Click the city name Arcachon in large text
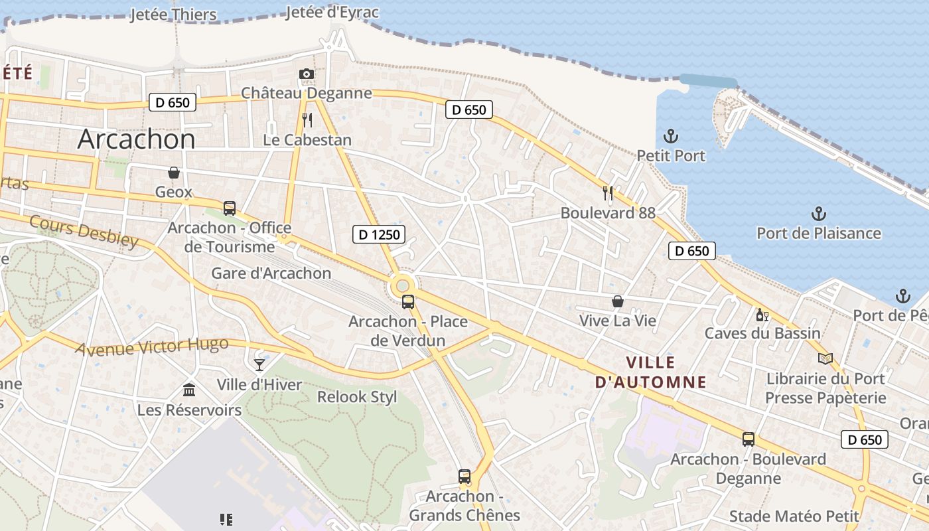pos(136,139)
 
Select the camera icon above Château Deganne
pos(306,74)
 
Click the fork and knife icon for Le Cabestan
pos(307,120)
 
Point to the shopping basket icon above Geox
pos(174,173)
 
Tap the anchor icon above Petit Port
pos(671,136)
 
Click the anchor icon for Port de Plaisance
pos(819,214)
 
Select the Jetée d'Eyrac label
pos(332,12)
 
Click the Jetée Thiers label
pos(173,15)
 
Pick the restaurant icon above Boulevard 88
pos(608,193)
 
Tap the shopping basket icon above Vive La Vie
pos(618,301)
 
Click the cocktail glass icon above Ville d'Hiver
pos(259,364)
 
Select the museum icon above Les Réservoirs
pos(189,390)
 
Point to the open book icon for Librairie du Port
pos(825,358)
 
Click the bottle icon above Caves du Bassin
pos(762,314)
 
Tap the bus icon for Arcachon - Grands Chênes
pos(464,476)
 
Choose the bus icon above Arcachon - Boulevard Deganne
pos(749,439)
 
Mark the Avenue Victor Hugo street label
pos(152,347)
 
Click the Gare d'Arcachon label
pos(271,273)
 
